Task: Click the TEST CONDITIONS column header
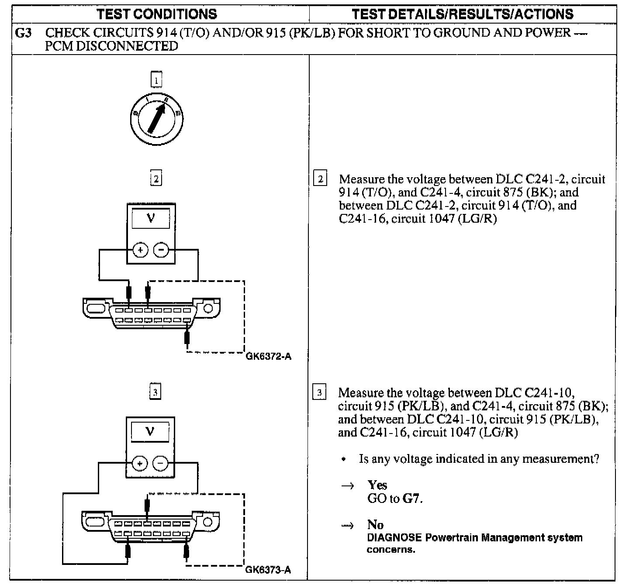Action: (x=157, y=14)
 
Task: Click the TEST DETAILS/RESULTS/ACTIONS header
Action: (x=463, y=14)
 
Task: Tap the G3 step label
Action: (x=23, y=33)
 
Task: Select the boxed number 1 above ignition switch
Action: (x=156, y=80)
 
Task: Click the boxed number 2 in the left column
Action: (x=156, y=179)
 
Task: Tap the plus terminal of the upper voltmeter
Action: (x=141, y=250)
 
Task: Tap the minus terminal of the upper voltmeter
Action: (x=161, y=250)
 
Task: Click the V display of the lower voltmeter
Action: (x=150, y=432)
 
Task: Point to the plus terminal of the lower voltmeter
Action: (x=140, y=463)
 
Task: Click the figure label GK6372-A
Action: (x=269, y=357)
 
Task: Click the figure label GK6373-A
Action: (x=268, y=570)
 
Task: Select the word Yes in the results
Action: (x=377, y=485)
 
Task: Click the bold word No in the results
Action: (x=375, y=524)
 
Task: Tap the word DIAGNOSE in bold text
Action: (x=394, y=537)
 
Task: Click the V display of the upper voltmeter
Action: (x=151, y=218)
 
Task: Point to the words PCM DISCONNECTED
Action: (x=111, y=46)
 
